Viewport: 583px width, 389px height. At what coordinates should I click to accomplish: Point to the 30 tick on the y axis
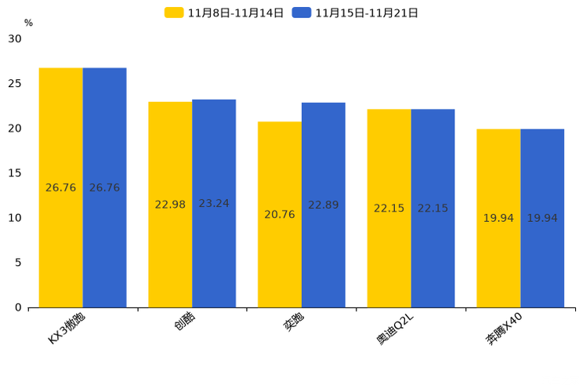tap(15, 38)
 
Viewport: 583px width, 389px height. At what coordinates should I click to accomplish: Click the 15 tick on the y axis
tap(15, 173)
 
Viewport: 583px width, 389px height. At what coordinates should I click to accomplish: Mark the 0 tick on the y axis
tap(18, 307)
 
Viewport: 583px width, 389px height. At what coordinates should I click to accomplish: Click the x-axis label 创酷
tap(185, 322)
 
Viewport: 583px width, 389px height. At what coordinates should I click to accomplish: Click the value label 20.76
tap(280, 215)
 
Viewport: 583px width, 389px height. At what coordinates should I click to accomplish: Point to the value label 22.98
tap(170, 205)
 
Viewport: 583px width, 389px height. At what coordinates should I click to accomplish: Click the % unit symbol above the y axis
tap(28, 23)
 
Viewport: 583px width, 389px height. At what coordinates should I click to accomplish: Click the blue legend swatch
tap(302, 13)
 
